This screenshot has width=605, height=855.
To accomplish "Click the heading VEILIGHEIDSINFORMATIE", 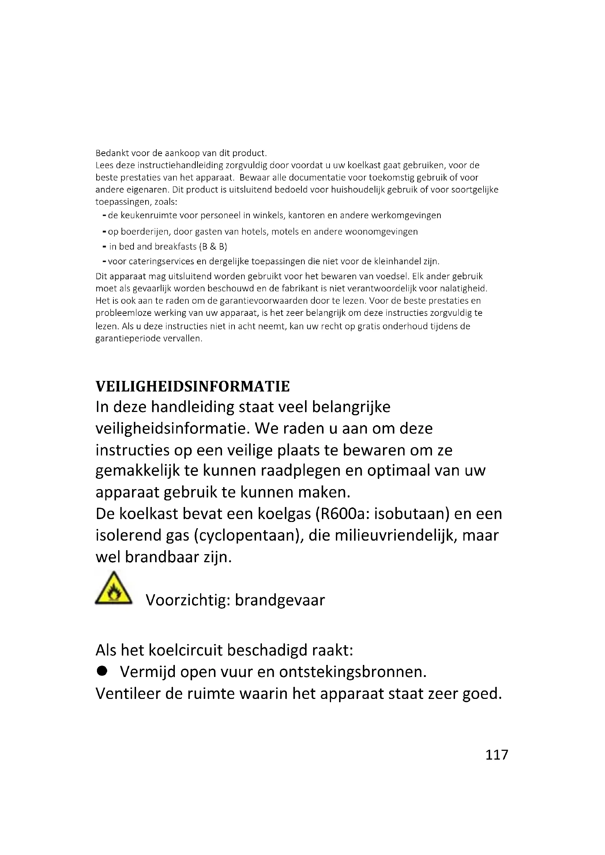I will [x=192, y=386].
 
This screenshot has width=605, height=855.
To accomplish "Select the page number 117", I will [x=497, y=755].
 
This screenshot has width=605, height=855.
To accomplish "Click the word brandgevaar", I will [x=280, y=600].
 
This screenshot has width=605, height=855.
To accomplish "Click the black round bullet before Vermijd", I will [x=102, y=671].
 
